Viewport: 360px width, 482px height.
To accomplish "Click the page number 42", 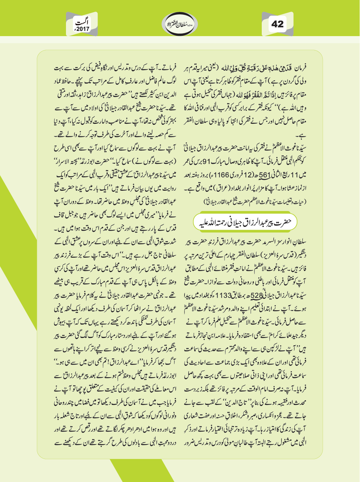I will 277,24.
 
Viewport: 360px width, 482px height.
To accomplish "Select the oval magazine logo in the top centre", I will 180,24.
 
